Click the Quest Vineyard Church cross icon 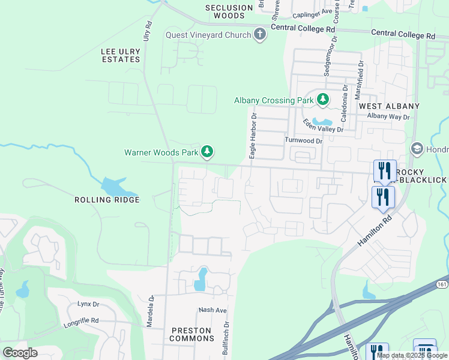pyautogui.click(x=260, y=35)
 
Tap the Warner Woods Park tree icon pyautogui.click(x=207, y=152)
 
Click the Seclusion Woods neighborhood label pyautogui.click(x=229, y=12)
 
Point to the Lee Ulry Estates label pyautogui.click(x=121, y=55)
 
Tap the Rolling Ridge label pyautogui.click(x=107, y=200)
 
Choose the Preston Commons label pyautogui.click(x=191, y=334)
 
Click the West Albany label pyautogui.click(x=388, y=106)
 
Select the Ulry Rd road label pyautogui.click(x=146, y=31)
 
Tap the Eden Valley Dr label pyautogui.click(x=323, y=126)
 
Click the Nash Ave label pyautogui.click(x=213, y=310)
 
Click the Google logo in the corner pyautogui.click(x=20, y=353)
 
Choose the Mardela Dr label pyautogui.click(x=151, y=310)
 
